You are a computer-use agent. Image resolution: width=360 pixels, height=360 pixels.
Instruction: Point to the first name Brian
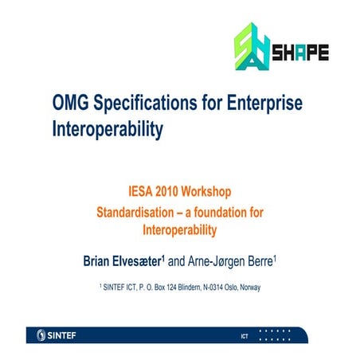point(101,260)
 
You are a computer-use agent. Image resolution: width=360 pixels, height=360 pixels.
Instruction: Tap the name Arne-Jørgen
point(238,260)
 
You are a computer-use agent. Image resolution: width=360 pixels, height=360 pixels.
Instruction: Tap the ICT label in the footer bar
point(245,337)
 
